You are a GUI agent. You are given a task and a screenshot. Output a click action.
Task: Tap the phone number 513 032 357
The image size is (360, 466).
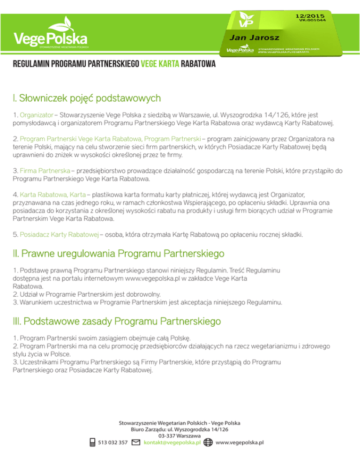coord(113,443)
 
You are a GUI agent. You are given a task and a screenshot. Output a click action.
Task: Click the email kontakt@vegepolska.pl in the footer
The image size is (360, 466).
coord(172,443)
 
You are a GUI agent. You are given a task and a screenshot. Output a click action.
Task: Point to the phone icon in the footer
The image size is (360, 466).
coord(93,443)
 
